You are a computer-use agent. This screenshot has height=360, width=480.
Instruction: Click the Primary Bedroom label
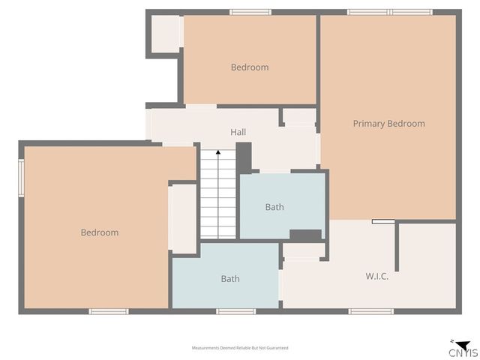(x=388, y=124)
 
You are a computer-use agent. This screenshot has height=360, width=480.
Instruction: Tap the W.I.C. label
(x=376, y=276)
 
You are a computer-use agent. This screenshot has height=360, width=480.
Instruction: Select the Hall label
(x=238, y=132)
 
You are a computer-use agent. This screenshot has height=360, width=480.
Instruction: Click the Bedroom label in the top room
(x=249, y=67)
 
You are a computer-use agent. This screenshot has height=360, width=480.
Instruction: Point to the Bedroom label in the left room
(x=99, y=232)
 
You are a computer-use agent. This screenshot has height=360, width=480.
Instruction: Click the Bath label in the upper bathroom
(x=274, y=207)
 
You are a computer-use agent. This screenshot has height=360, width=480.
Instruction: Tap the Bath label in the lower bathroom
(x=230, y=279)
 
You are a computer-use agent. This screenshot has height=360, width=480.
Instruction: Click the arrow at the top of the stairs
(x=218, y=153)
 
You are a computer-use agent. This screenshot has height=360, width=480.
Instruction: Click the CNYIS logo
(x=462, y=349)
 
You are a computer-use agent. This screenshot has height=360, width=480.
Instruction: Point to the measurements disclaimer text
(x=240, y=348)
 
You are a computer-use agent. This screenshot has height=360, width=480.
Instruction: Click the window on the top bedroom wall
(x=250, y=12)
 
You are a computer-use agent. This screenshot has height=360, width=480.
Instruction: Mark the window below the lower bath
(x=235, y=311)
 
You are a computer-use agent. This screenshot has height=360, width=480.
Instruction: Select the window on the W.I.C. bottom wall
(x=370, y=311)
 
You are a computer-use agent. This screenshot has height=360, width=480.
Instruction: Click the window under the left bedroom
(x=108, y=311)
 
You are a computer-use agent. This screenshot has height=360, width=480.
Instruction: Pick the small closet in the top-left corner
(x=165, y=34)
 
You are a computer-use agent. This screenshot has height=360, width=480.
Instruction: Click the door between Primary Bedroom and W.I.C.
(x=383, y=221)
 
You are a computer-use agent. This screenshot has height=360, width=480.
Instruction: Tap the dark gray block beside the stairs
(x=244, y=157)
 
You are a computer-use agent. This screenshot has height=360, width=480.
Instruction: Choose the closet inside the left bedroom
(x=183, y=218)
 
